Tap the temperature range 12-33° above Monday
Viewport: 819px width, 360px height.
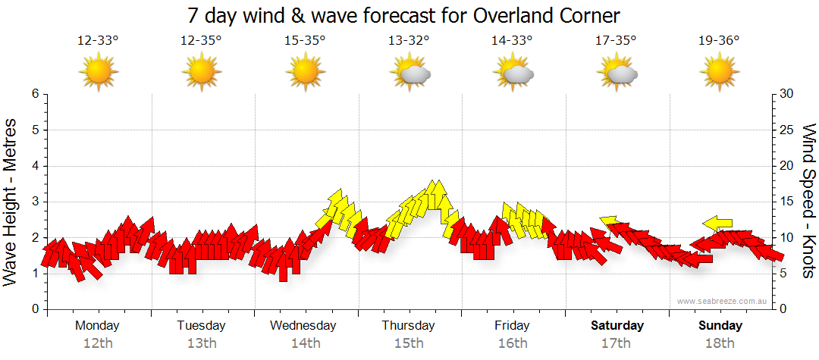tap(98, 41)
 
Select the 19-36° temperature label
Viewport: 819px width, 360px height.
tap(719, 41)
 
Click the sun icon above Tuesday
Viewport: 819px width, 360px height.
tap(202, 73)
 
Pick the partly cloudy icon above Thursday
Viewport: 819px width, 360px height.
tap(410, 73)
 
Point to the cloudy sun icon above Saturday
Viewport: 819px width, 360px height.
tap(617, 73)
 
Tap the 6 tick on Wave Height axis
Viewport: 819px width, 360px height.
tap(34, 94)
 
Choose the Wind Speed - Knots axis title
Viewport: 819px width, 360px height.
tap(808, 202)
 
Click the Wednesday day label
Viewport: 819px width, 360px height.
tap(303, 326)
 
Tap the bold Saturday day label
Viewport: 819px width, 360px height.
tap(617, 326)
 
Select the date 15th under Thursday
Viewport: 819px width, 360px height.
tap(409, 343)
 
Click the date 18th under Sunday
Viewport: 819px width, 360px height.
tap(720, 343)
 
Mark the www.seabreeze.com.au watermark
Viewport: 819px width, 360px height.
tap(723, 301)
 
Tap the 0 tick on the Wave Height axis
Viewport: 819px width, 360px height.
tap(34, 309)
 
